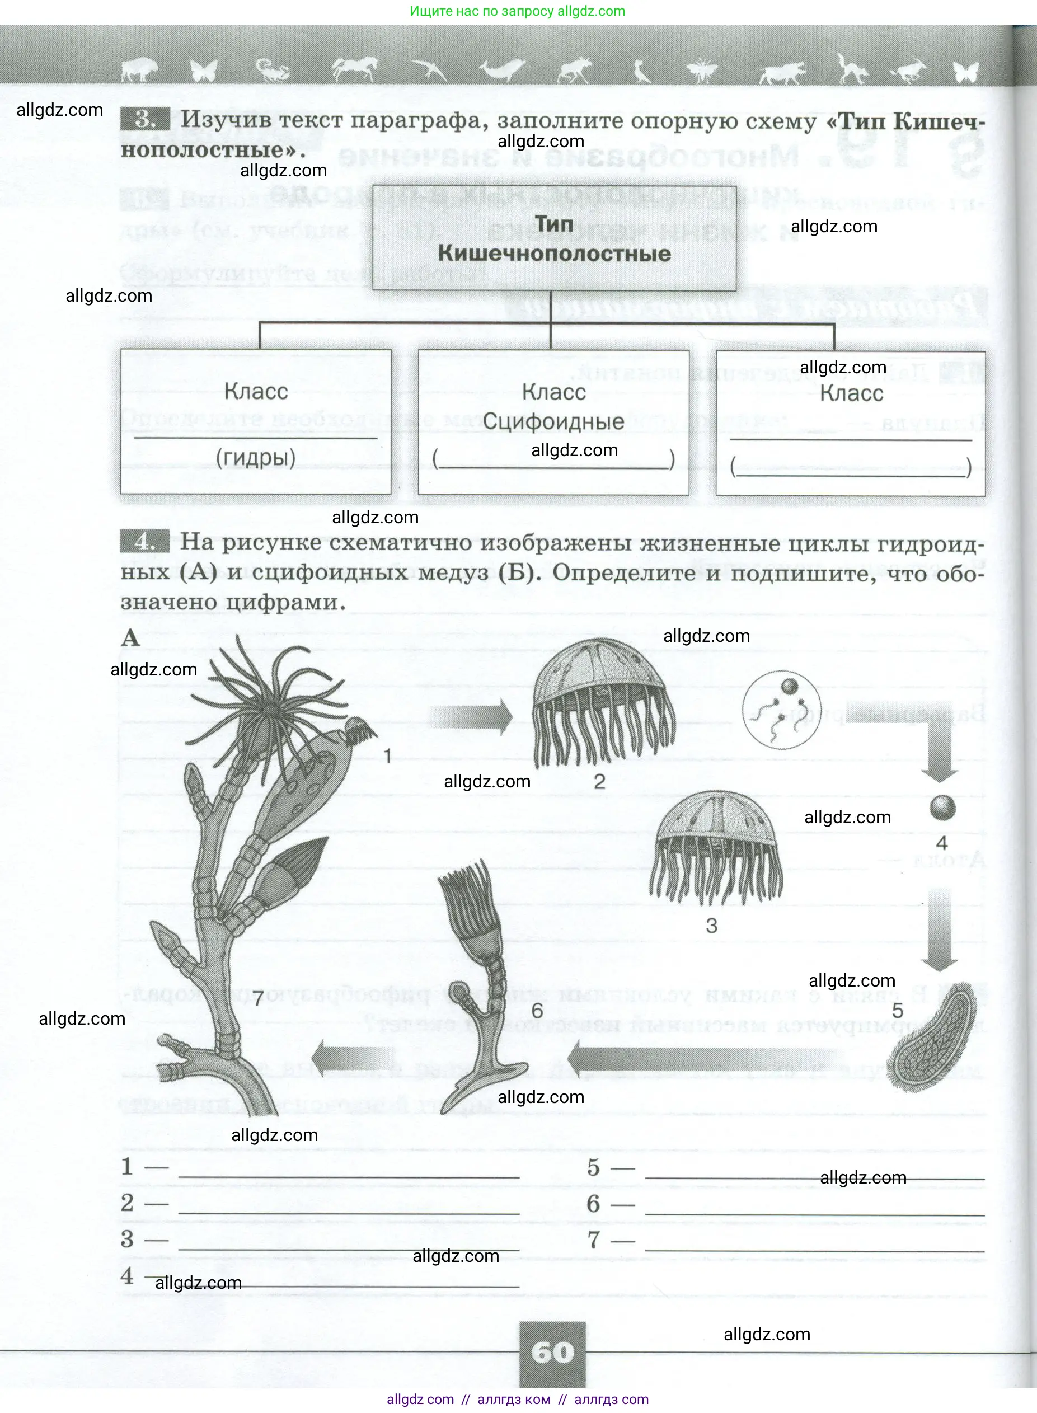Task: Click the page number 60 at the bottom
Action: coord(552,1352)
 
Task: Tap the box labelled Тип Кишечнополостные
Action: coord(553,238)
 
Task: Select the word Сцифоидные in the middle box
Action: coord(553,421)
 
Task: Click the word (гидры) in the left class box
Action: coord(256,458)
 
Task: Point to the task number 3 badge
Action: coord(144,119)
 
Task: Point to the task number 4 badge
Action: coord(144,541)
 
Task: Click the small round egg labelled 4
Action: coord(942,808)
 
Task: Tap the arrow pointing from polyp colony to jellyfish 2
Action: coord(471,717)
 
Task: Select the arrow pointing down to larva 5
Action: coord(939,929)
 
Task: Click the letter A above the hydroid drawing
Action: coord(130,638)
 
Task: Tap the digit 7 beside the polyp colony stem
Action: coord(259,999)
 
